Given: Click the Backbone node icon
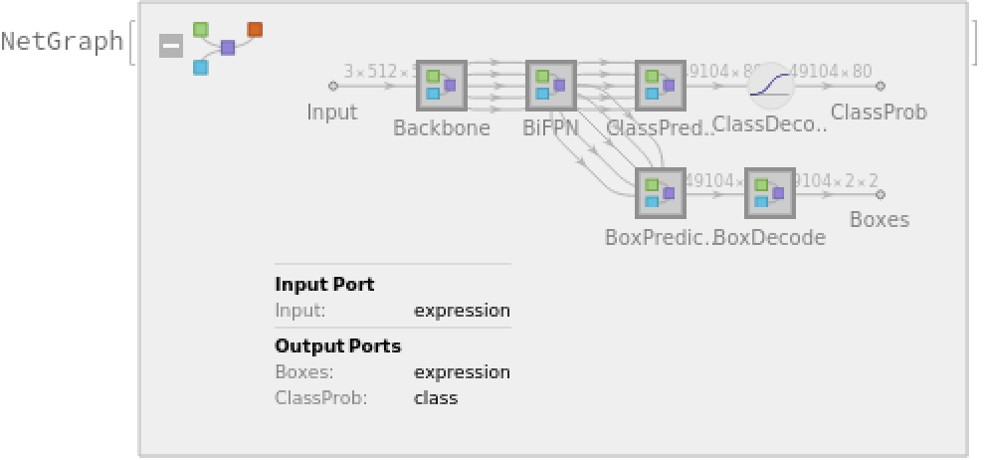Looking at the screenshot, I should (x=442, y=86).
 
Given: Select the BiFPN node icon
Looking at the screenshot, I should (x=551, y=86).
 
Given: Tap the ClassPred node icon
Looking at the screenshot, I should (x=661, y=86).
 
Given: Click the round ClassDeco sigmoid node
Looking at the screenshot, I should (x=771, y=86).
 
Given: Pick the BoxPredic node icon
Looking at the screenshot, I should (x=661, y=194).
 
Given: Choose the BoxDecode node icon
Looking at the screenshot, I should (x=770, y=194).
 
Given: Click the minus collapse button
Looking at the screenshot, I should (x=171, y=46).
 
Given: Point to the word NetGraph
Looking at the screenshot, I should (x=62, y=42).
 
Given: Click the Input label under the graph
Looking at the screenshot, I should (x=332, y=112).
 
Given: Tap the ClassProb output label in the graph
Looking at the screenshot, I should (x=879, y=112).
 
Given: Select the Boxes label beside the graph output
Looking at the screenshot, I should (x=880, y=219).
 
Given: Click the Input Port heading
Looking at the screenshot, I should (x=324, y=284).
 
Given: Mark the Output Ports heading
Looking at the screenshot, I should (x=337, y=345).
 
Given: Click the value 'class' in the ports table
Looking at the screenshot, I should (x=436, y=397).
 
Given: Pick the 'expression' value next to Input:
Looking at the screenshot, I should (x=462, y=310).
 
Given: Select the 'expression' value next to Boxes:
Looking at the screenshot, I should (x=462, y=371).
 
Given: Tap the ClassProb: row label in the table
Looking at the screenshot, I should (x=320, y=397).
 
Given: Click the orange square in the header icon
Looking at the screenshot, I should (x=255, y=29).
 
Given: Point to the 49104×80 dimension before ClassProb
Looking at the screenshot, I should (x=831, y=71).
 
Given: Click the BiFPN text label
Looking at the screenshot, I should (x=551, y=127).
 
